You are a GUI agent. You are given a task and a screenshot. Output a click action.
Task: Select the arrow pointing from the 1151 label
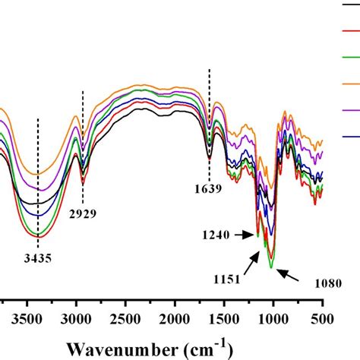(253, 265)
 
